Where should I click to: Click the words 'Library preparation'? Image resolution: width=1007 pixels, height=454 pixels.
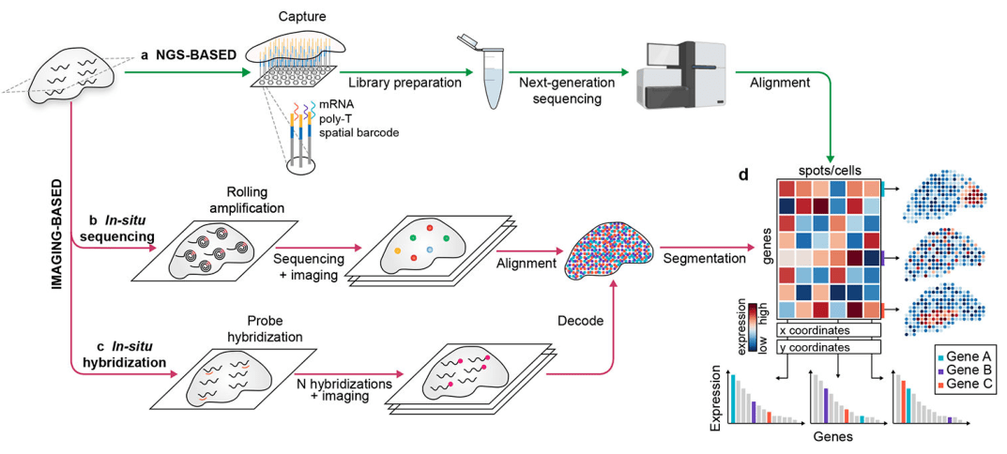400,83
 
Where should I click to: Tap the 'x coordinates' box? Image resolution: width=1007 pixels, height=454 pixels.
827,329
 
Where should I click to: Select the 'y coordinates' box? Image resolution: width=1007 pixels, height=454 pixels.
827,347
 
